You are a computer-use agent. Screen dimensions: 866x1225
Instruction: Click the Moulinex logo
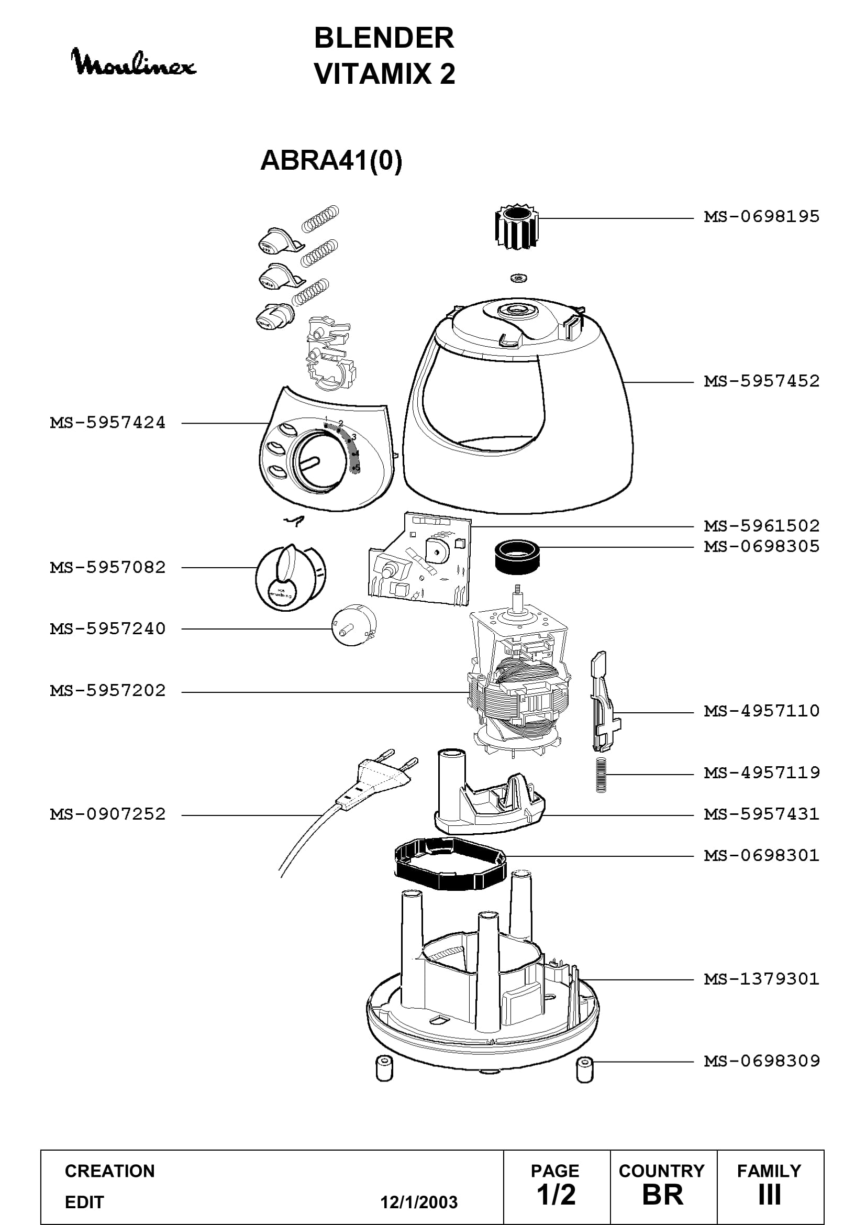[134, 62]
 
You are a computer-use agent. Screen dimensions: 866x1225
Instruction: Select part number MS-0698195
[761, 217]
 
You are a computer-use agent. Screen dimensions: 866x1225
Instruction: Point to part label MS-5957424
[108, 423]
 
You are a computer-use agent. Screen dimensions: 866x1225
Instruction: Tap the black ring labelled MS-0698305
[517, 557]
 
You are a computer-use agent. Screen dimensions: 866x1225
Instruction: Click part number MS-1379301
[761, 979]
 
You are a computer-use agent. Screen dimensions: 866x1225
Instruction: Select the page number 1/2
[556, 1195]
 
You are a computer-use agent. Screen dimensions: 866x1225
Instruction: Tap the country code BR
[663, 1195]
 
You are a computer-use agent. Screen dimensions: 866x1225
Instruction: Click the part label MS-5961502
[761, 526]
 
